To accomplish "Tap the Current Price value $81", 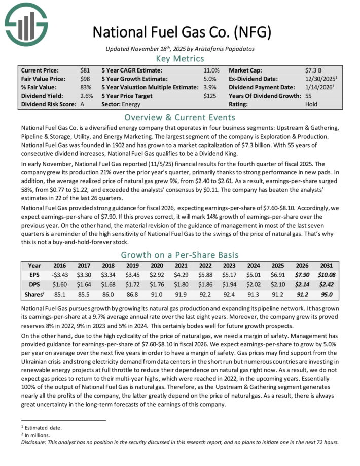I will click(85, 70).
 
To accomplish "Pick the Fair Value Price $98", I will click(85, 79).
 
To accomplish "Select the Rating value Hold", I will click(312, 105).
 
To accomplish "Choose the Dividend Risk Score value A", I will click(82, 105).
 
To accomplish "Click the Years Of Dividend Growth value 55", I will click(309, 96).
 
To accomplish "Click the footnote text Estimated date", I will click(37, 427).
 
